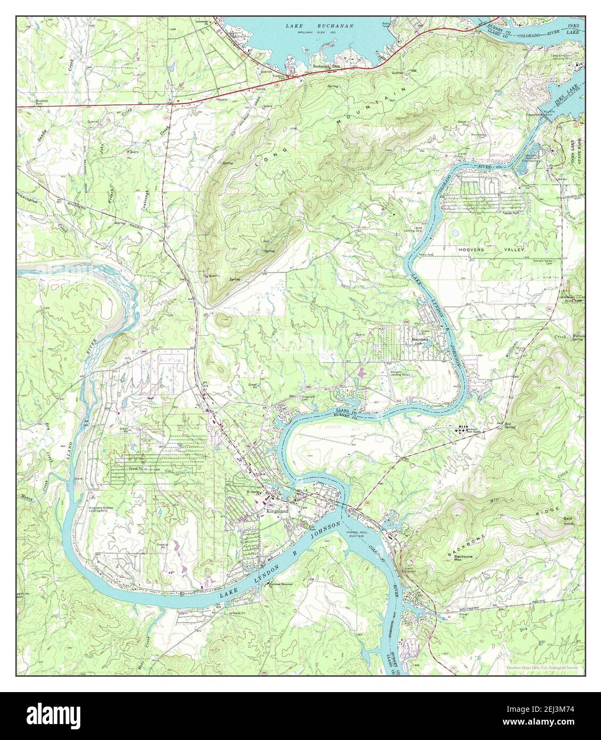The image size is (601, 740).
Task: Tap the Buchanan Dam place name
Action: [327, 66]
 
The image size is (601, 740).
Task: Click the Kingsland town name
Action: [277, 511]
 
